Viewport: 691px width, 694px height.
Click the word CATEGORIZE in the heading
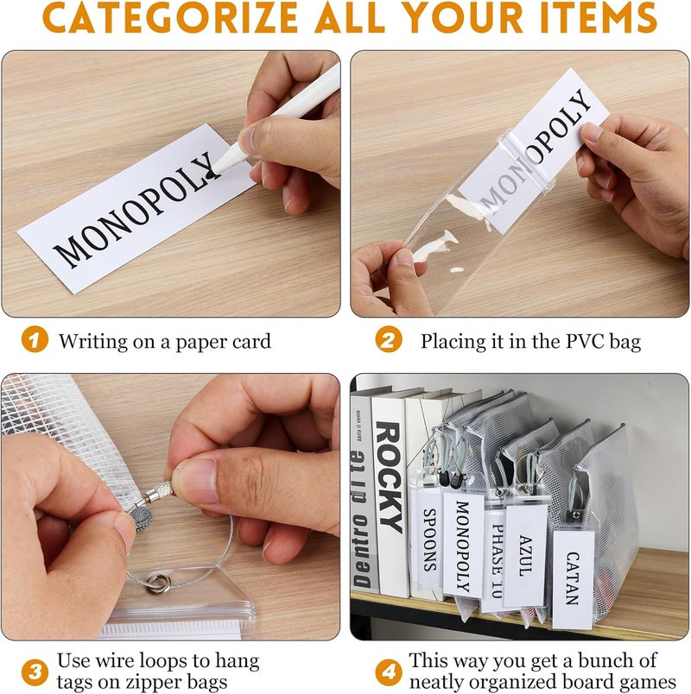point(170,17)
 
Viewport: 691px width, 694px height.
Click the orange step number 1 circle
point(35,339)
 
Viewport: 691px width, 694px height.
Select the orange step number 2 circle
point(389,339)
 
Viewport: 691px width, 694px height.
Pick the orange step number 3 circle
point(35,672)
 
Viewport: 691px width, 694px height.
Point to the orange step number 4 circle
point(389,672)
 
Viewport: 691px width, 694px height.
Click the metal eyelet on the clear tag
point(158,583)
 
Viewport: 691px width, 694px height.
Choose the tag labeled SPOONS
point(427,538)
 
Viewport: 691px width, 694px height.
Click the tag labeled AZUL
point(525,556)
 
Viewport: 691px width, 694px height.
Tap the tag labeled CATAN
point(574,578)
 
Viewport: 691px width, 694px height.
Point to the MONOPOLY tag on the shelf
point(463,546)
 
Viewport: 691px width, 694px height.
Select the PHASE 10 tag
point(495,560)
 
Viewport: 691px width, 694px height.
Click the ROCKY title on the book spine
point(389,476)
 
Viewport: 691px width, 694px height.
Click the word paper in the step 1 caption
point(198,342)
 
